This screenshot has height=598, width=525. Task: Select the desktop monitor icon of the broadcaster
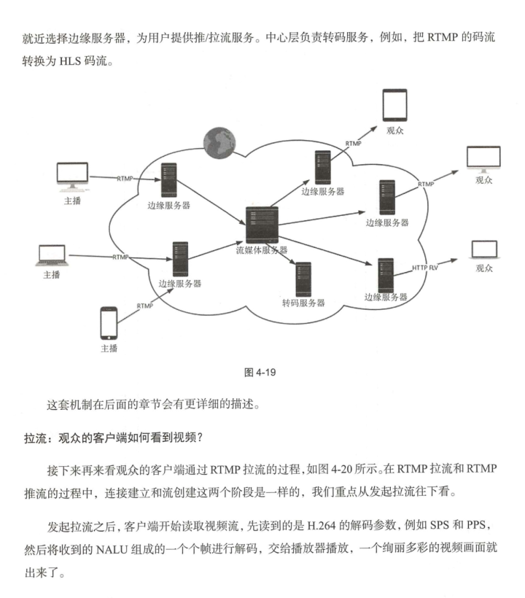(72, 175)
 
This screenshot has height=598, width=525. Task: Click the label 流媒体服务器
(262, 250)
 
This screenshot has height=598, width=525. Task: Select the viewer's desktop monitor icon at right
(483, 160)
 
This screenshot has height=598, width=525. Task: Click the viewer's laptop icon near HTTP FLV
(484, 250)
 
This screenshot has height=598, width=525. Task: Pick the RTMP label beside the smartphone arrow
(144, 306)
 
